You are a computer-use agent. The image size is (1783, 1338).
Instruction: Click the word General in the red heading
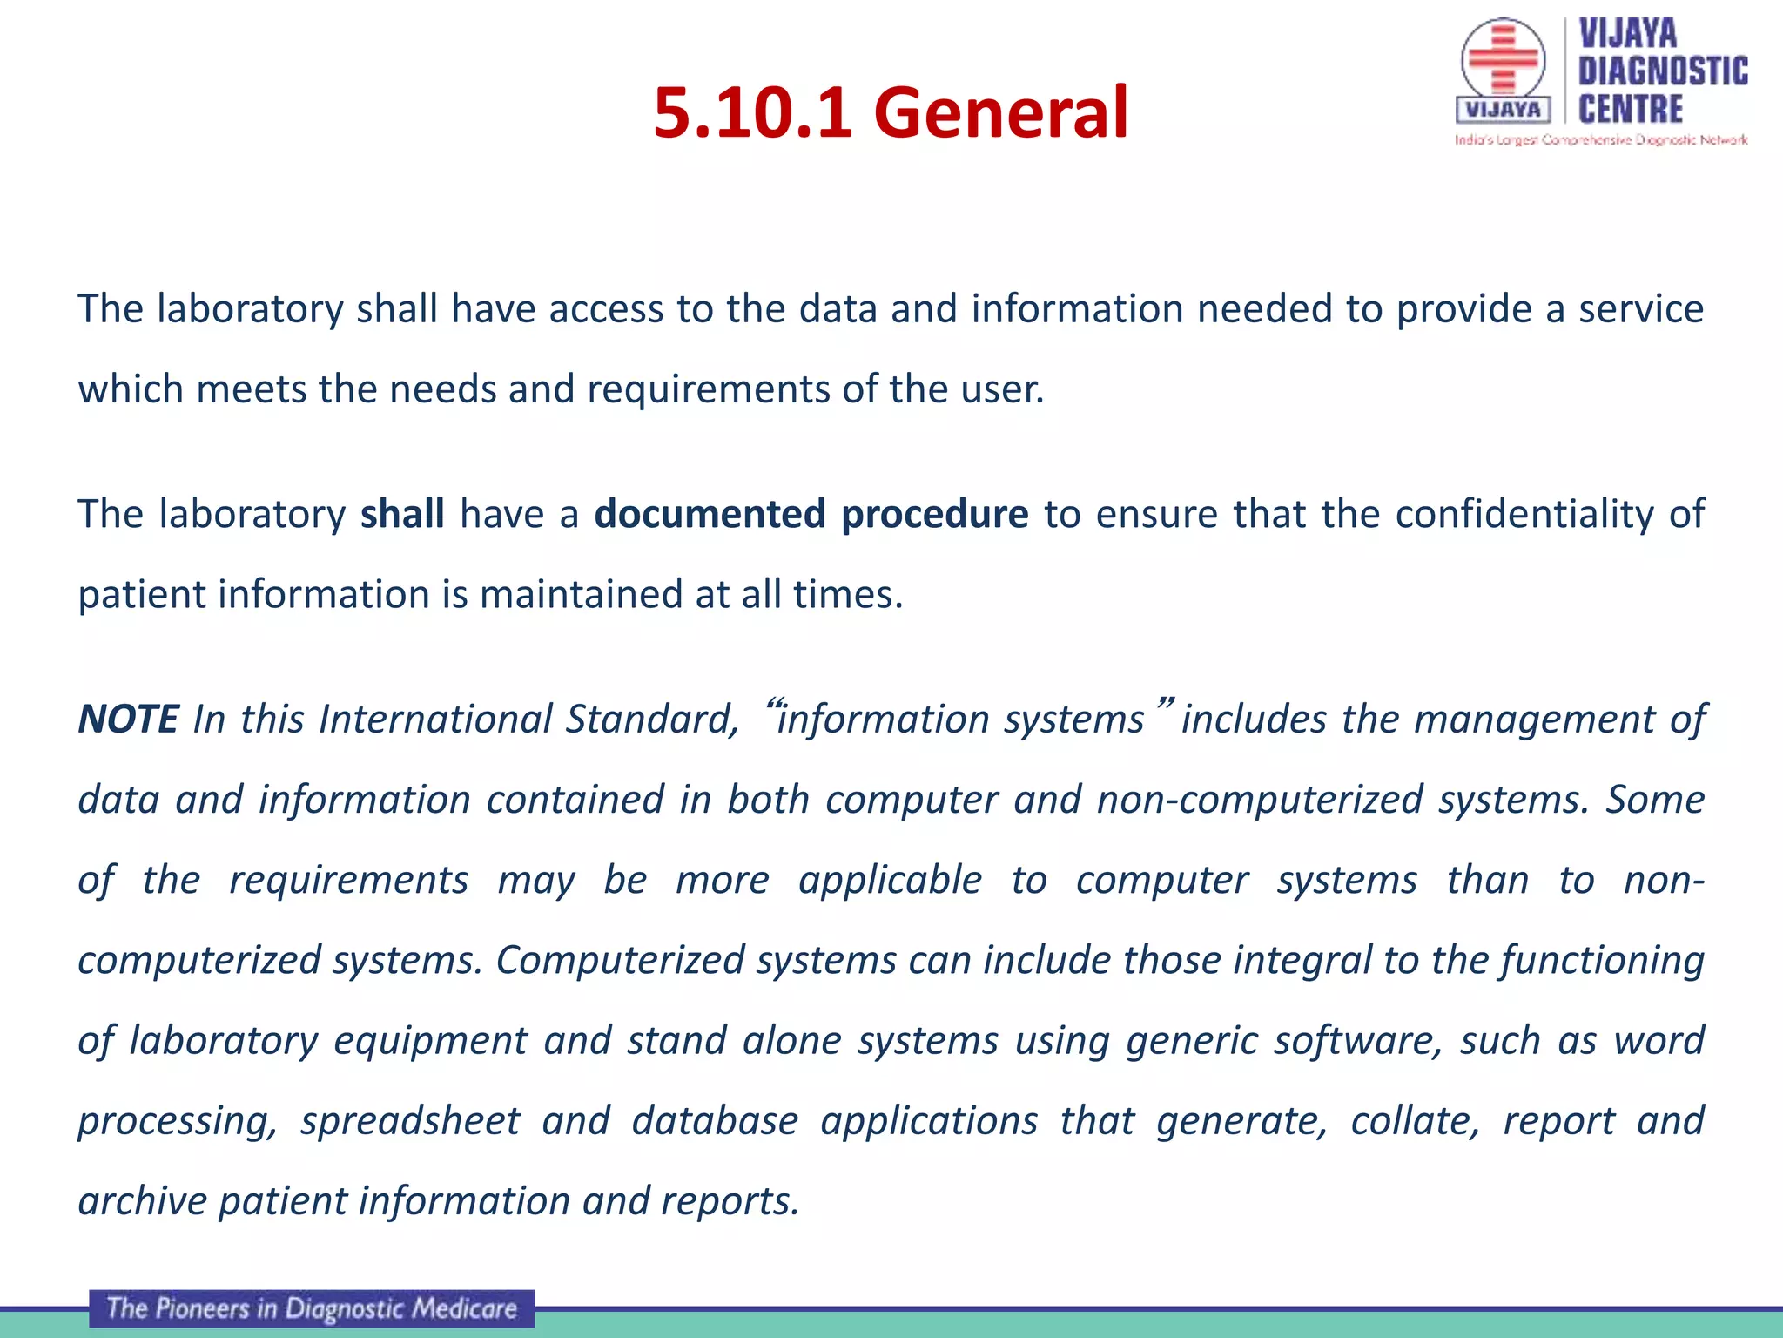tap(1000, 112)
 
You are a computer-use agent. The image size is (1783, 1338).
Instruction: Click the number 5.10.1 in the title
tap(752, 112)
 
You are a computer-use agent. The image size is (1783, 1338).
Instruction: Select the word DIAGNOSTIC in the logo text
tap(1663, 71)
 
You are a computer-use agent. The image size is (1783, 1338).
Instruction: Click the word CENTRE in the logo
tap(1630, 110)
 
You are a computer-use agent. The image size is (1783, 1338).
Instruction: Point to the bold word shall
tap(402, 513)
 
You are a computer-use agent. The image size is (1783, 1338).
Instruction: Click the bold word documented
tap(710, 513)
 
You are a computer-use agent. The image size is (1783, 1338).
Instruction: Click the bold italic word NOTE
tap(128, 720)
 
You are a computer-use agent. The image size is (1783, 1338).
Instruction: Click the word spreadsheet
tap(410, 1120)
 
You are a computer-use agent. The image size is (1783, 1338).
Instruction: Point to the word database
tap(715, 1120)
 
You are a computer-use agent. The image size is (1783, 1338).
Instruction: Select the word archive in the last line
tap(142, 1200)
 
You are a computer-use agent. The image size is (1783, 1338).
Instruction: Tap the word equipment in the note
tap(430, 1041)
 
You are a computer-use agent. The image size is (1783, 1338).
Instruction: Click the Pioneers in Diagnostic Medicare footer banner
tap(312, 1308)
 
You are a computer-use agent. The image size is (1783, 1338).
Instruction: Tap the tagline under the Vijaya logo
tap(1600, 140)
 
